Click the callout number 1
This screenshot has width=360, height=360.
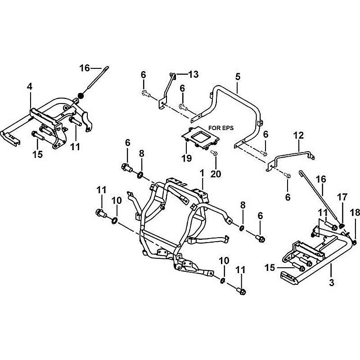coord(202,173)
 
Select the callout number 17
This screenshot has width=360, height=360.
coord(343,197)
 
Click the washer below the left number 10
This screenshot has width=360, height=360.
coord(114,220)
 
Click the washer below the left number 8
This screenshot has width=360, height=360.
coord(141,174)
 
